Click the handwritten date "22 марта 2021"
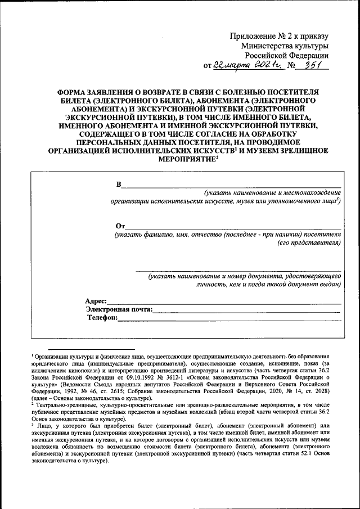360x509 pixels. point(246,65)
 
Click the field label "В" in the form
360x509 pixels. point(119,185)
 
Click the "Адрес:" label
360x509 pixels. point(96,301)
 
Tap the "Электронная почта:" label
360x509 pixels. point(119,309)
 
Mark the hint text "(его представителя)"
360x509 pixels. point(309,244)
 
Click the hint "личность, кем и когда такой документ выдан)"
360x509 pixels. point(260,285)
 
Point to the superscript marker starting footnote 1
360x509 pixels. point(33,355)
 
